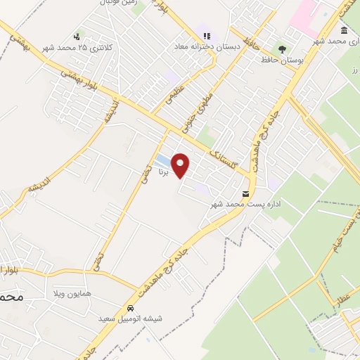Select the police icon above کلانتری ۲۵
coord(77,36)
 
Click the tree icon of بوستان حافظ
coord(282,49)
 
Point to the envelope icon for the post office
coord(245,193)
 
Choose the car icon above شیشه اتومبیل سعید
coord(131,308)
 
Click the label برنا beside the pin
coord(163,171)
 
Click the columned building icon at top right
coord(344,30)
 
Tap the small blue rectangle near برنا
coord(161,159)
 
